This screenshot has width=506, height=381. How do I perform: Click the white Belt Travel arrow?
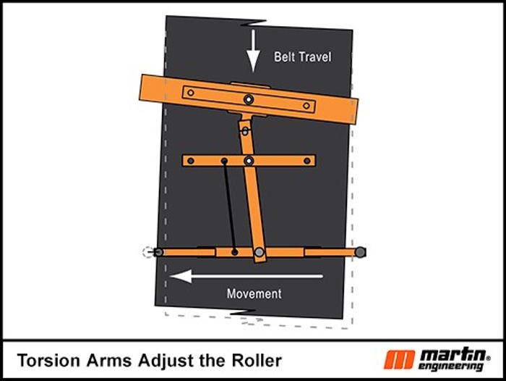tap(253, 51)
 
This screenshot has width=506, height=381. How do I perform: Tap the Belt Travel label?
tap(302, 57)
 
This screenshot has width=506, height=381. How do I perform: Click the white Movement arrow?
tap(246, 276)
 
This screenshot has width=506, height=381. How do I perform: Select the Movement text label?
tap(254, 293)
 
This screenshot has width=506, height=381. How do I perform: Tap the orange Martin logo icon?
tap(399, 360)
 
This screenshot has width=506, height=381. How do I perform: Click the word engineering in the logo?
tap(451, 367)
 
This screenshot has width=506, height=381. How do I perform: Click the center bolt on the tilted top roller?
tap(249, 100)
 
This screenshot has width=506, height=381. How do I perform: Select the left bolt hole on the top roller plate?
tap(191, 93)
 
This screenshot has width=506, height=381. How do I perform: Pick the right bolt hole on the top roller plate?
tap(306, 106)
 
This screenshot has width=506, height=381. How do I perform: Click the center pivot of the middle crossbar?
tap(249, 161)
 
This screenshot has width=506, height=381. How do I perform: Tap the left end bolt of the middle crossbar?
tap(191, 161)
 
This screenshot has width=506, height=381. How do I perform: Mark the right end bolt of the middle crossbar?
tap(307, 161)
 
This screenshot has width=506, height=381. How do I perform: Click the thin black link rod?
tap(229, 206)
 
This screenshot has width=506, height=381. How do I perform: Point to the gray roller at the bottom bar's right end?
tap(361, 252)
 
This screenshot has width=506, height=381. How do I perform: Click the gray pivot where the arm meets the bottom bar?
tap(259, 252)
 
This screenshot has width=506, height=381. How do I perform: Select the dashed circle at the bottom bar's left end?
tap(148, 252)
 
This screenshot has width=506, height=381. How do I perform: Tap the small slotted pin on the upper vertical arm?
tap(245, 131)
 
